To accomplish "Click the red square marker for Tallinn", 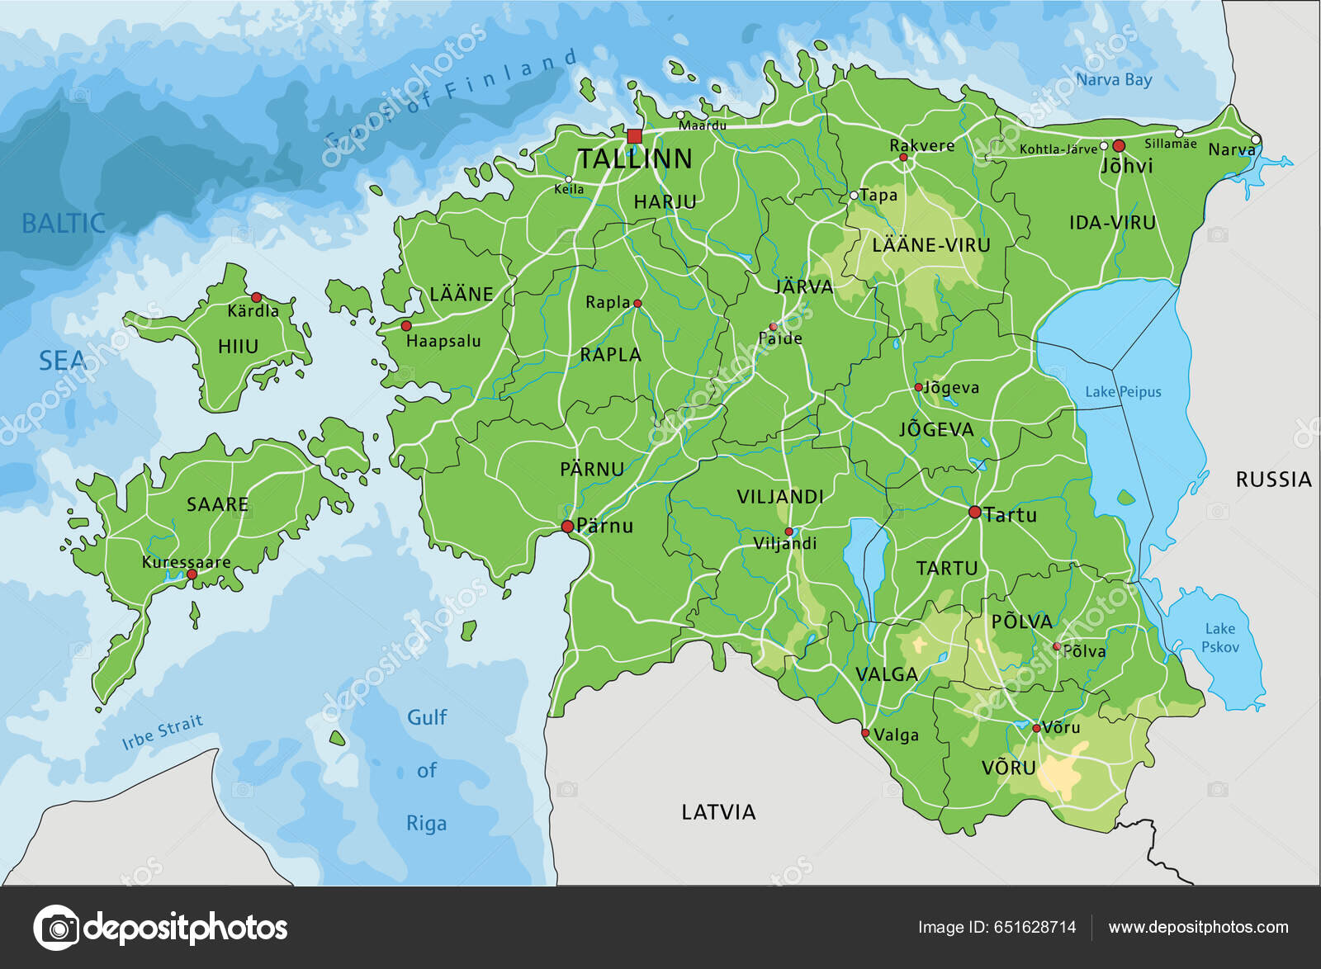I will pyautogui.click(x=634, y=136).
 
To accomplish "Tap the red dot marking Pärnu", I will pyautogui.click(x=567, y=527).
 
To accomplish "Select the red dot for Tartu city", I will pyautogui.click(x=974, y=513).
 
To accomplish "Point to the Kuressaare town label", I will pyautogui.click(x=186, y=562).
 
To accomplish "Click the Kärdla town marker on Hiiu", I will pyautogui.click(x=256, y=297).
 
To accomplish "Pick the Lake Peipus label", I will pyautogui.click(x=1123, y=392).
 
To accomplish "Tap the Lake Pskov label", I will pyautogui.click(x=1219, y=638).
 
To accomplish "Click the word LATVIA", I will pyautogui.click(x=718, y=812).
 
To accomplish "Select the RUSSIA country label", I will pyautogui.click(x=1273, y=480).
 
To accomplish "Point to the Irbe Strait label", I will pyautogui.click(x=162, y=733).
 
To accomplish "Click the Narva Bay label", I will pyautogui.click(x=1114, y=80).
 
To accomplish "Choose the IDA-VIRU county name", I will pyautogui.click(x=1112, y=223).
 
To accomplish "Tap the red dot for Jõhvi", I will pyautogui.click(x=1119, y=145).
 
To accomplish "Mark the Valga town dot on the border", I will pyautogui.click(x=865, y=733).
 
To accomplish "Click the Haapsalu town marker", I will pyautogui.click(x=406, y=326).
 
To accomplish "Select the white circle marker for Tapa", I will pyautogui.click(x=854, y=196).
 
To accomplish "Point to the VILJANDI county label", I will pyautogui.click(x=780, y=497).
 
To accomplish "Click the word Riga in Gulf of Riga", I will pyautogui.click(x=426, y=824).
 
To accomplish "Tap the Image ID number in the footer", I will pyautogui.click(x=1035, y=927).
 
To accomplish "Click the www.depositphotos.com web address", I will pyautogui.click(x=1198, y=927).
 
